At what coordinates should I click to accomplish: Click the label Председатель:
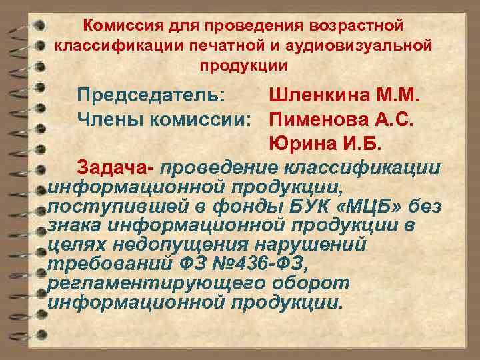(x=150, y=95)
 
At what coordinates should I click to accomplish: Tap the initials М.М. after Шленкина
(x=397, y=95)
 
